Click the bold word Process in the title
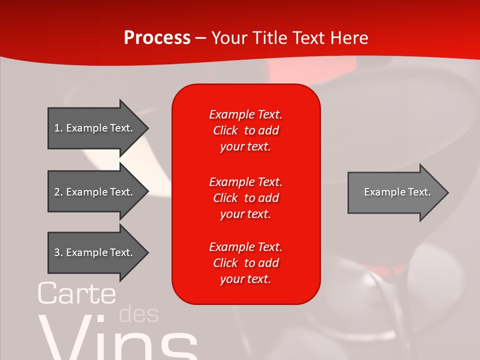[157, 37]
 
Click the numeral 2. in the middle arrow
[58, 192]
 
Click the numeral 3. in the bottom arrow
[58, 252]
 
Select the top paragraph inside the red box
[245, 130]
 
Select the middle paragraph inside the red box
[245, 198]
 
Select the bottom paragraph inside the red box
[245, 263]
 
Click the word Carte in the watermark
[76, 293]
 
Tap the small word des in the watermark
[139, 314]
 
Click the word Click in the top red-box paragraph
[225, 130]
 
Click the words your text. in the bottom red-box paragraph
[245, 279]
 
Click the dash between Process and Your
[201, 38]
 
